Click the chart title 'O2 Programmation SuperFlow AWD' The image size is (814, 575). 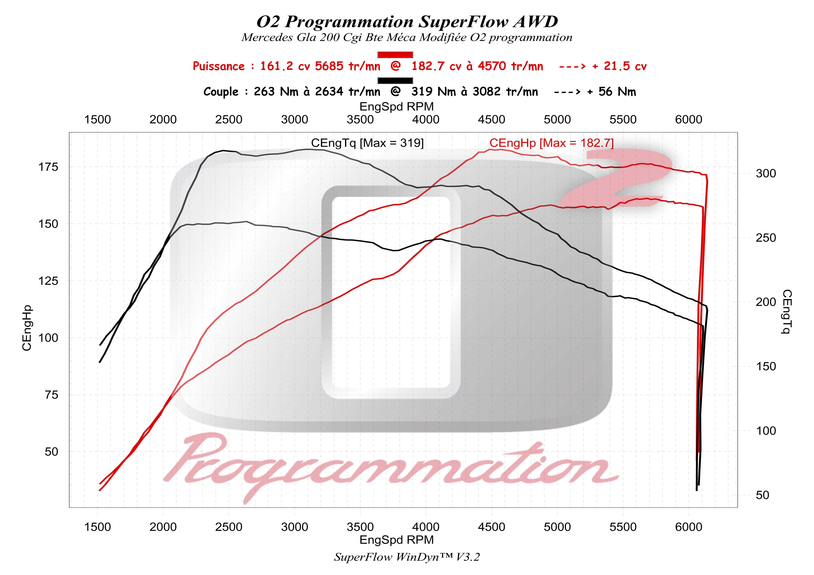407,22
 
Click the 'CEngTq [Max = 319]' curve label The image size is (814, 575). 367,143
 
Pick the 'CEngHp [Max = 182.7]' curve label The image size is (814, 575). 551,143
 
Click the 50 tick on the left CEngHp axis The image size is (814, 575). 51,452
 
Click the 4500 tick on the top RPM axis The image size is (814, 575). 491,120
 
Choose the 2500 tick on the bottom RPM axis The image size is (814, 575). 229,527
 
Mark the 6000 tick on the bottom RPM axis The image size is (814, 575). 689,527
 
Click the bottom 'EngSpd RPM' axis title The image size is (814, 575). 396,540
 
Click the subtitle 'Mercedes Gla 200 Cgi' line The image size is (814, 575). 407,38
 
